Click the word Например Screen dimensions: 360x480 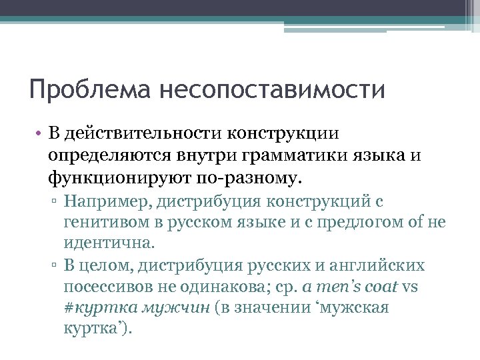107,201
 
